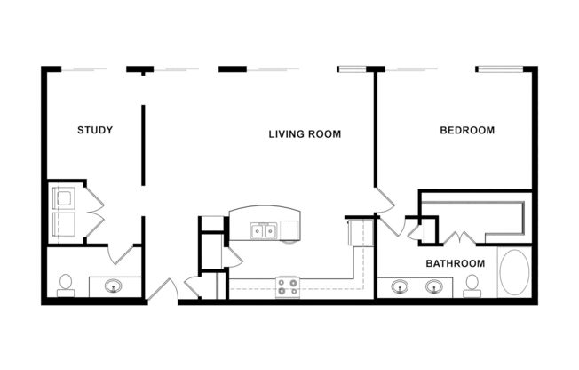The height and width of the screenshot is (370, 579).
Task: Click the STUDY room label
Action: point(95,131)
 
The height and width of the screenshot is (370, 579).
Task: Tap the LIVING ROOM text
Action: point(305,134)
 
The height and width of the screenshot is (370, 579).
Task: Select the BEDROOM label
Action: point(467,131)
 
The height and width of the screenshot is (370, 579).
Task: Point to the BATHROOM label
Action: point(455,263)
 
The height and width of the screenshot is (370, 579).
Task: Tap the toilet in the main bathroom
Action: point(472,284)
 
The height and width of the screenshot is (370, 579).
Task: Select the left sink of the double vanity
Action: point(400,286)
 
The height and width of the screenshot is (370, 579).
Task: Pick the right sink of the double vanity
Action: point(434,286)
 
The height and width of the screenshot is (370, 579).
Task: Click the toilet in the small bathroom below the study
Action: point(65,284)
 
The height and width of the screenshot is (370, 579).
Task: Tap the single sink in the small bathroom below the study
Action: point(114,286)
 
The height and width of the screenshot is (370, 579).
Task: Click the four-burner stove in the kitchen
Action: point(287,286)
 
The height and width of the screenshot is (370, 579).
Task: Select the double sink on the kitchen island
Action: point(264,231)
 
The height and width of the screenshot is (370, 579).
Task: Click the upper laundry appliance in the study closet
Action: point(64,197)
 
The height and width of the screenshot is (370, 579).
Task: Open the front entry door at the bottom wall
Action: point(163,290)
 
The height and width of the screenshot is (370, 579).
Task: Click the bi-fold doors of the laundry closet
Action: point(94,212)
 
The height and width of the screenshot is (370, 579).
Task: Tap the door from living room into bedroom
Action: point(384,202)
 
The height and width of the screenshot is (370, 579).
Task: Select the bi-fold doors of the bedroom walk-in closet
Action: point(459,237)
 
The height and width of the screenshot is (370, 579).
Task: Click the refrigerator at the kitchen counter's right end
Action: point(360,231)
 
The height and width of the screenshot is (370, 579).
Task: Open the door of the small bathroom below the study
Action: point(123,256)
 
